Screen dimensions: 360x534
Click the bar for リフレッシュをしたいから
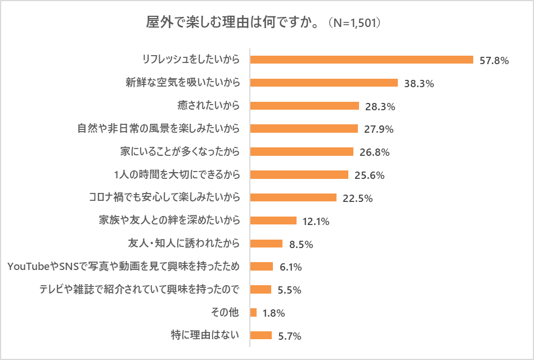[361, 60]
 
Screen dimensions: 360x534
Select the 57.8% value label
[494, 60]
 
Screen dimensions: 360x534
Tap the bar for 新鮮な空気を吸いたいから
[324, 83]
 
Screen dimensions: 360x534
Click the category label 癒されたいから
[209, 106]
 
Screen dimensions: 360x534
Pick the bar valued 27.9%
[304, 129]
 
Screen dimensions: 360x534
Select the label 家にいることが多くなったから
[180, 152]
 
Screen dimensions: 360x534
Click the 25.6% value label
[370, 175]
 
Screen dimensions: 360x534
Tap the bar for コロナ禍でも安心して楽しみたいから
[293, 197]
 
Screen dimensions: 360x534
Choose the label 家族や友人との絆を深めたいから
[169, 220]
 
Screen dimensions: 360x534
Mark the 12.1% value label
[316, 221]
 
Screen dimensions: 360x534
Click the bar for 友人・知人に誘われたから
[266, 244]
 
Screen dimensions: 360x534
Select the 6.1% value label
[291, 267]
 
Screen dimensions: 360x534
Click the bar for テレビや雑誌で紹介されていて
[261, 290]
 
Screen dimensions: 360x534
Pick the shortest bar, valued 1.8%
[253, 312]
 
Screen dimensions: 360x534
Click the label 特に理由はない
[205, 336]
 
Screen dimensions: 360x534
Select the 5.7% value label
[290, 336]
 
